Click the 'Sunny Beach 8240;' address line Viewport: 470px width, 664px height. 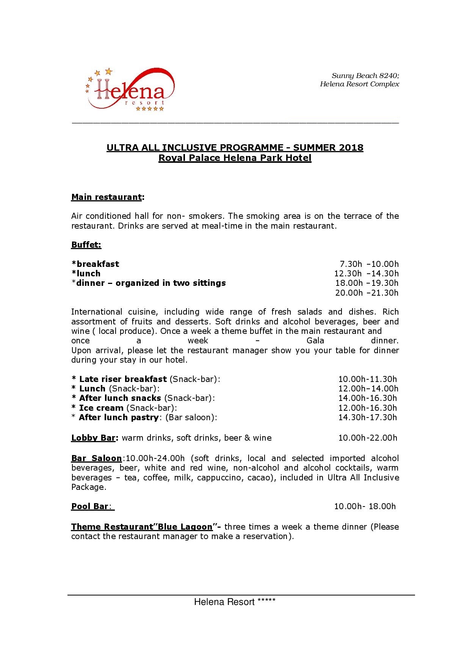point(365,76)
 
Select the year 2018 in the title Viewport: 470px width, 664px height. point(351,148)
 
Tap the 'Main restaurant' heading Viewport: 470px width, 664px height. point(107,197)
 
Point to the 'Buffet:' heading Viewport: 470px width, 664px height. point(86,245)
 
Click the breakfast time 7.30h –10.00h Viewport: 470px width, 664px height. point(369,264)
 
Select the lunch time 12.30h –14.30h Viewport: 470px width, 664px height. point(366,274)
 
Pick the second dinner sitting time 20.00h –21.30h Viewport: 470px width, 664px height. point(367,293)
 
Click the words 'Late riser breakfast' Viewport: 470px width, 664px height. point(123,379)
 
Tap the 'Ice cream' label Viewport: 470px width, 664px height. point(101,408)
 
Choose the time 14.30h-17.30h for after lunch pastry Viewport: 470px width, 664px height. point(367,418)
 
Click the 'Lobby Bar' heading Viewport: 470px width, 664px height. point(93,438)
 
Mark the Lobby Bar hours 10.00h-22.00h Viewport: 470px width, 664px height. point(368,438)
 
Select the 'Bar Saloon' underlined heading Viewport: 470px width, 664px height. point(96,458)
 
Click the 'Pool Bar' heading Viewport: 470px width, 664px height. point(90,507)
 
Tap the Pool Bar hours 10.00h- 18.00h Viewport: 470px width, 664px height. point(365,507)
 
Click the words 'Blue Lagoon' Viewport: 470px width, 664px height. point(185,527)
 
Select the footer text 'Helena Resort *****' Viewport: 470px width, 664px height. point(235,602)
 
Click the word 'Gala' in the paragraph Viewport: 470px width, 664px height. point(315,341)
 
